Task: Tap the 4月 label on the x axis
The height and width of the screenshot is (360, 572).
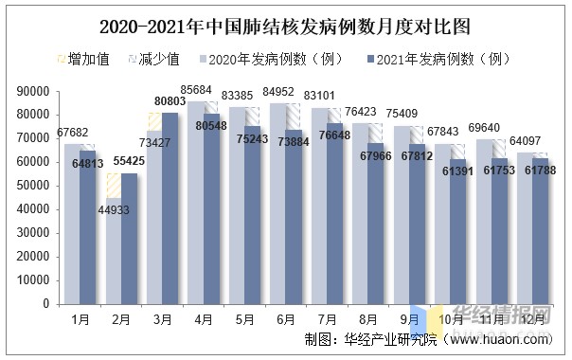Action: pos(204,320)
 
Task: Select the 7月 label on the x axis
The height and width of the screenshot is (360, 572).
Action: pos(328,320)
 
